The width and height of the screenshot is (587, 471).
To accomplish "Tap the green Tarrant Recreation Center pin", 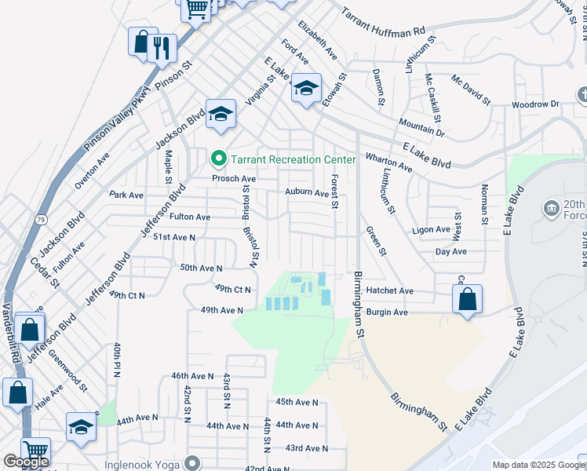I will tap(219, 159).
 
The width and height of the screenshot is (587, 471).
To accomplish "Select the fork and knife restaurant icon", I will tap(162, 48).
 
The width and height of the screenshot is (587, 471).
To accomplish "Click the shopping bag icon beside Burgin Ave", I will tap(467, 300).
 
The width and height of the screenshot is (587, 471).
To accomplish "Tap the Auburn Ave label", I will tap(308, 192).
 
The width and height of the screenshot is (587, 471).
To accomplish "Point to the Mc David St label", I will tap(470, 90).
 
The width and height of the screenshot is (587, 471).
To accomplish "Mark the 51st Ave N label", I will tap(173, 236).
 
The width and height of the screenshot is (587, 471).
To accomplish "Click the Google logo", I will tap(26, 462).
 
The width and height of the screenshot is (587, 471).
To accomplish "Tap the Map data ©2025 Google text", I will tap(537, 465).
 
